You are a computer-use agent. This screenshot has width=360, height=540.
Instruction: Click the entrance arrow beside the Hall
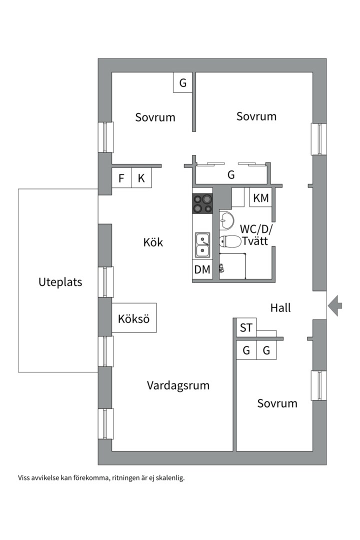[336, 305]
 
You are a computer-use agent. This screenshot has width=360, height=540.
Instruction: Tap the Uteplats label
[60, 282]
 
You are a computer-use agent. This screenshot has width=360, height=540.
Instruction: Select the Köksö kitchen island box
[134, 318]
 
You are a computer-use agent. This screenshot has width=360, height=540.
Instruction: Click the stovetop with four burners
[202, 203]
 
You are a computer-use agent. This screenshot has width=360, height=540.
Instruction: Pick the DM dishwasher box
[202, 270]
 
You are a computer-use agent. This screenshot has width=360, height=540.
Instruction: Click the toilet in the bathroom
[229, 241]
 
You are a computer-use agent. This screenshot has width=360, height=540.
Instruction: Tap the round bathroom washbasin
[227, 219]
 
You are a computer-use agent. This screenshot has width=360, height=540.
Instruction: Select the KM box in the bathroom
[261, 198]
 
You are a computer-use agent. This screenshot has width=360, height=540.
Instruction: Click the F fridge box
[121, 178]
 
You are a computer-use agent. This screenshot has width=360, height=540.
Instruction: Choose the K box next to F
[141, 178]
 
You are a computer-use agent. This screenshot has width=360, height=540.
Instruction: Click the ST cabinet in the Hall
[246, 328]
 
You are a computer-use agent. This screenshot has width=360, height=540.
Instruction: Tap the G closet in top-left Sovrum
[183, 82]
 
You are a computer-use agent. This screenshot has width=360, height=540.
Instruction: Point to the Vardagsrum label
[178, 385]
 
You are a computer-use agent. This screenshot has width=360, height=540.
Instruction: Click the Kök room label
[153, 242]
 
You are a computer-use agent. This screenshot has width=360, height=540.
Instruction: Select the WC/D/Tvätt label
[255, 234]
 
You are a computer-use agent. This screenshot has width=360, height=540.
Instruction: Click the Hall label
[280, 307]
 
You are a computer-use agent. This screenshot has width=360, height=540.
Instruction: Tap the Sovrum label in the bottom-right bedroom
[277, 403]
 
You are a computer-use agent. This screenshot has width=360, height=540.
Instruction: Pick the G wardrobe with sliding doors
[231, 175]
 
